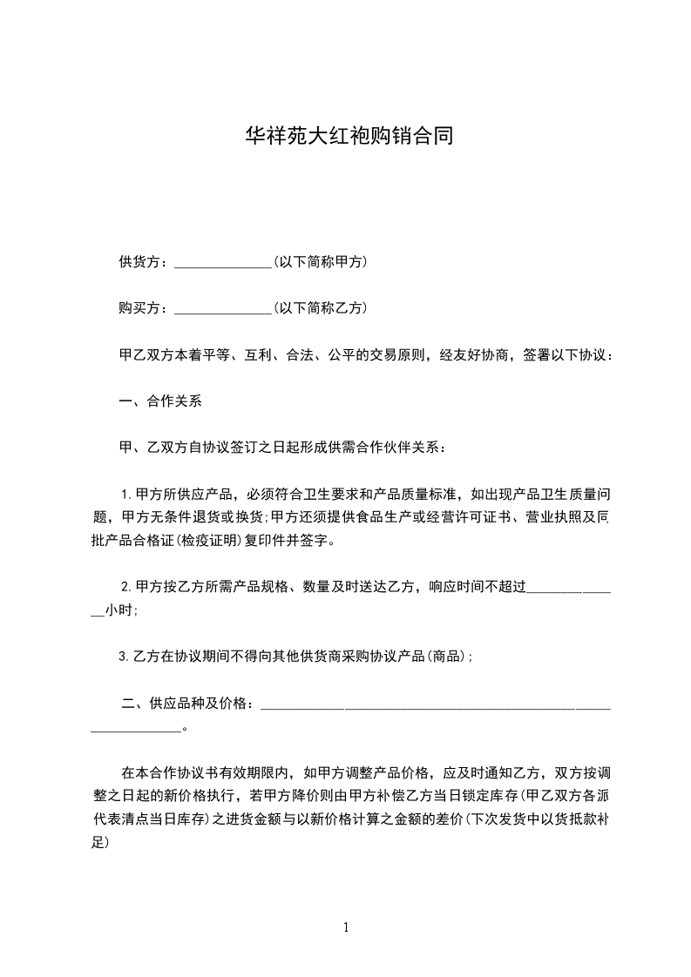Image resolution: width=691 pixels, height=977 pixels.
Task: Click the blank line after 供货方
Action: (223, 262)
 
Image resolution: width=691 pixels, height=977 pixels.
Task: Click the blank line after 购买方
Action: (223, 308)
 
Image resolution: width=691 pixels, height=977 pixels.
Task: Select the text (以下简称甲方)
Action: (319, 261)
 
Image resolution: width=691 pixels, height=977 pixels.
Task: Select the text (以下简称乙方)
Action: (319, 307)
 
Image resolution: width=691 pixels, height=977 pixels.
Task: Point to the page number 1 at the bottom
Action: (346, 926)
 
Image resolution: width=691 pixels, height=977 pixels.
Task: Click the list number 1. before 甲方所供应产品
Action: (125, 495)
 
